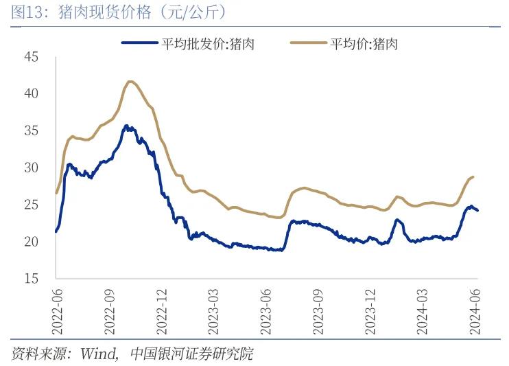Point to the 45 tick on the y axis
[x=31, y=56]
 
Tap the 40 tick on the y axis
[x=31, y=93]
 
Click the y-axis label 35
[x=31, y=130]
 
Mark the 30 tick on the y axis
[x=31, y=168]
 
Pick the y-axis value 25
[x=31, y=205]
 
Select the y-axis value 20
[x=31, y=242]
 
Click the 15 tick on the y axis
[x=31, y=279]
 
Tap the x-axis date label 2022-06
[x=57, y=310]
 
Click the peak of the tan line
[x=131, y=82]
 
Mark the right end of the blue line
[x=477, y=210]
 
